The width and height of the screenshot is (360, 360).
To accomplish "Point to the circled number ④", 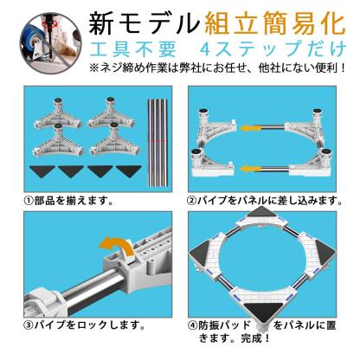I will pyautogui.click(x=193, y=327).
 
